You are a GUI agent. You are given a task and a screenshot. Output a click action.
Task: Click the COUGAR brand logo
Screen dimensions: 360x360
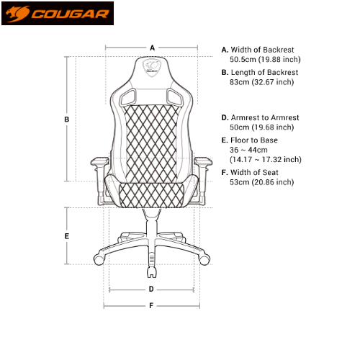pos(58,13)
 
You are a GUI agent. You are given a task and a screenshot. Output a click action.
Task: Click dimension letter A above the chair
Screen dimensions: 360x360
pos(152,48)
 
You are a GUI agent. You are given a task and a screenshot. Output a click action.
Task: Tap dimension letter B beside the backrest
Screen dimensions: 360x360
pos(67,120)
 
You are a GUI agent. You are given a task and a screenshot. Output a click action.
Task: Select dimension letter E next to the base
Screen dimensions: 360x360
pos(67,236)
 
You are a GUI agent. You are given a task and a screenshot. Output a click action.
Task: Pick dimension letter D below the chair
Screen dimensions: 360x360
pos(151,289)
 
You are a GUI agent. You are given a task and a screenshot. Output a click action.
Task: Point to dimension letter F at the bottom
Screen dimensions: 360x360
pos(151,305)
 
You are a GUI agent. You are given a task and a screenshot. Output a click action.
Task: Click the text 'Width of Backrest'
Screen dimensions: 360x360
pos(262,50)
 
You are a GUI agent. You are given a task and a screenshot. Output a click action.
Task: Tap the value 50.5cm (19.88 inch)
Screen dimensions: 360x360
pos(265,59)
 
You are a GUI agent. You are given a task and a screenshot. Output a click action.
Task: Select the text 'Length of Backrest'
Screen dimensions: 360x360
pos(264,72)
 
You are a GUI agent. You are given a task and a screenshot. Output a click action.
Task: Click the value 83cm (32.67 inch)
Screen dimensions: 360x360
pos(261,82)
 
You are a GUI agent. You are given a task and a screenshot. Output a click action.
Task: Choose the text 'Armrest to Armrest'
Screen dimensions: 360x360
pos(265,117)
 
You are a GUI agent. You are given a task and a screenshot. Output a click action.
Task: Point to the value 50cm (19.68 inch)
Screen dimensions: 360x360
pos(261,127)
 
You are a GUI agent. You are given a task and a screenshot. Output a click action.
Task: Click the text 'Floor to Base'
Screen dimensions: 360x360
pos(254,140)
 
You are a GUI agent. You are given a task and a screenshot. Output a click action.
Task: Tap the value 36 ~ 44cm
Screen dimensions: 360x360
pos(248,150)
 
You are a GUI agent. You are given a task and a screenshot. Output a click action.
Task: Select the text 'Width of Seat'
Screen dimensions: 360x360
pos(254,172)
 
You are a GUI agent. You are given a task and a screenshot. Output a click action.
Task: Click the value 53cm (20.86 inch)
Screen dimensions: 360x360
pos(261,182)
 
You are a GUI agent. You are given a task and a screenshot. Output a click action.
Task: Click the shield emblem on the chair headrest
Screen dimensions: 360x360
pos(152,66)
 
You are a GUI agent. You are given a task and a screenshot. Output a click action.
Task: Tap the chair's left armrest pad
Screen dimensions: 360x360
pos(99,161)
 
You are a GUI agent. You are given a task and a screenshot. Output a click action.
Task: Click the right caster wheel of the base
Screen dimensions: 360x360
pos(204,259)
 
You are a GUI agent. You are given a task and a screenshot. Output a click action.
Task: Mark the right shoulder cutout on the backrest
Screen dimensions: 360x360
pos(175,97)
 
